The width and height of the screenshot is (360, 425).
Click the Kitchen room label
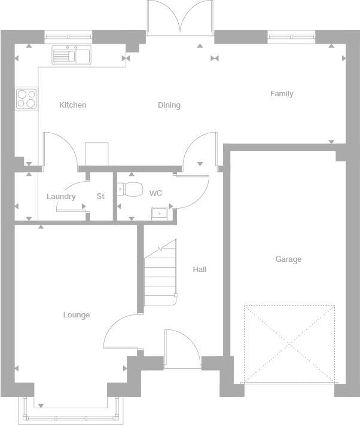[x=72, y=105]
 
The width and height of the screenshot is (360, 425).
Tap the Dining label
[x=169, y=105]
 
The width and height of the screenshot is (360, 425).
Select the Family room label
[x=282, y=94]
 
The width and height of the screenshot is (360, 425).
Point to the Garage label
[x=288, y=259]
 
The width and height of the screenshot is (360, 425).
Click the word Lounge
[x=77, y=315]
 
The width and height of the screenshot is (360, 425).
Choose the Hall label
[x=199, y=270]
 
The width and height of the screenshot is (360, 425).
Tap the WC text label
[x=155, y=194]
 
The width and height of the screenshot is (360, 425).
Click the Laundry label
[x=61, y=197]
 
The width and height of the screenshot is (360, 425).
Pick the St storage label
[x=100, y=197]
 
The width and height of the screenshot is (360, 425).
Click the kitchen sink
[x=71, y=56]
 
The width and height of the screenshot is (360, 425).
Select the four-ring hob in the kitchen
[x=26, y=99]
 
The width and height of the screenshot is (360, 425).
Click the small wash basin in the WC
[x=159, y=212]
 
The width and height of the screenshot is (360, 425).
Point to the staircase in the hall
[x=160, y=272]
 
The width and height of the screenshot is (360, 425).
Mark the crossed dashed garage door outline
[x=289, y=344]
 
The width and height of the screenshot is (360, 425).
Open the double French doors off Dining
[x=179, y=18]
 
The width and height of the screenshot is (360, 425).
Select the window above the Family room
[x=291, y=37]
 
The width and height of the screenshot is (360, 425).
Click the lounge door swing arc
[x=120, y=332]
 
